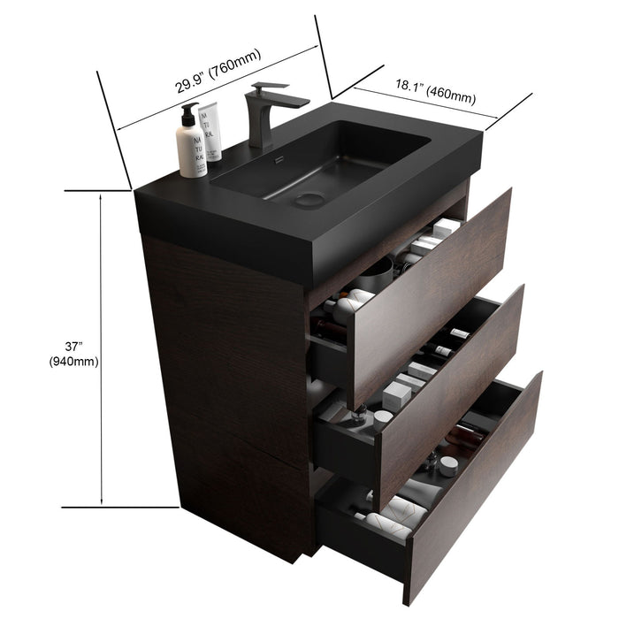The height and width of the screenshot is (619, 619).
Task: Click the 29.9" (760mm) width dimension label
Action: pyautogui.click(x=217, y=73)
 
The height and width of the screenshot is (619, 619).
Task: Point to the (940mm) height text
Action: pyautogui.click(x=73, y=361)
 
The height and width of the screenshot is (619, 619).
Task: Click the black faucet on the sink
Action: pyautogui.click(x=263, y=115)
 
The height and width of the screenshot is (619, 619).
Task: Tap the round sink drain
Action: pyautogui.click(x=309, y=198)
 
